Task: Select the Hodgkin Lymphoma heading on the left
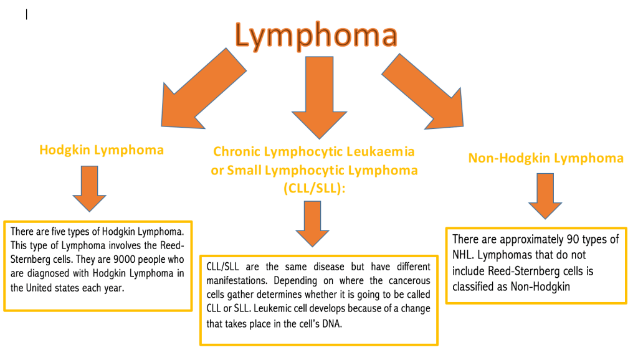pyautogui.click(x=102, y=150)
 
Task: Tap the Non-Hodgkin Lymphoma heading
pyautogui.click(x=545, y=158)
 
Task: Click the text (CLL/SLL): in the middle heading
pyautogui.click(x=315, y=188)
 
